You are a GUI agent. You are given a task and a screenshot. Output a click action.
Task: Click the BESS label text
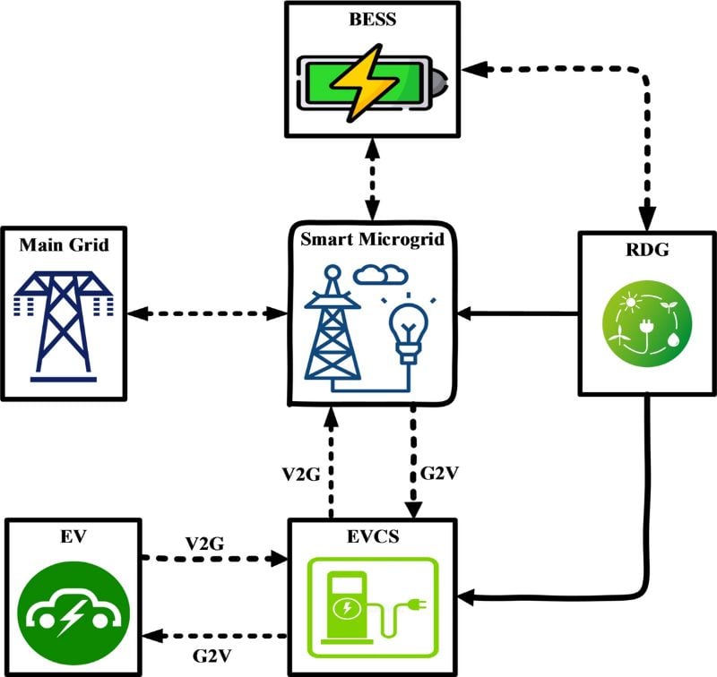(x=371, y=20)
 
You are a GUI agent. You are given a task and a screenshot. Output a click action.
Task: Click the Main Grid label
(x=65, y=244)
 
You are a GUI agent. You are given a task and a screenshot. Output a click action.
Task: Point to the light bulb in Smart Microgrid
(x=410, y=321)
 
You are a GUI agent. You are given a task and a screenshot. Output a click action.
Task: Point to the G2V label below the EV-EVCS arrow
(x=212, y=655)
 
